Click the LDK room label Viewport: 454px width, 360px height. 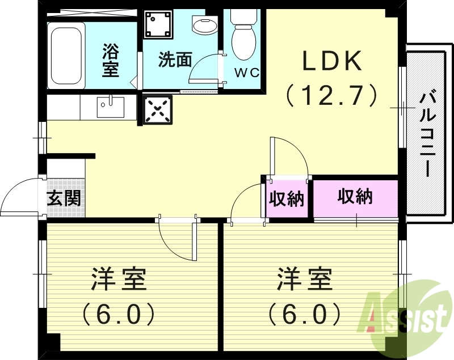[332, 61]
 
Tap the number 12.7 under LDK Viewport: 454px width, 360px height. [332, 95]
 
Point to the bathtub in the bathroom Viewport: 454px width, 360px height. [66, 55]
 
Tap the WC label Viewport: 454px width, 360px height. [247, 73]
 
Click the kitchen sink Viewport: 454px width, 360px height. [110, 107]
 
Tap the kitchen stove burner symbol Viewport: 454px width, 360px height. [157, 109]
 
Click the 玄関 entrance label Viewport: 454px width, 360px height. [63, 198]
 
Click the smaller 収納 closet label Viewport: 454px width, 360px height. [287, 199]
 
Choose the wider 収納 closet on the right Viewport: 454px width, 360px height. [355, 197]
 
